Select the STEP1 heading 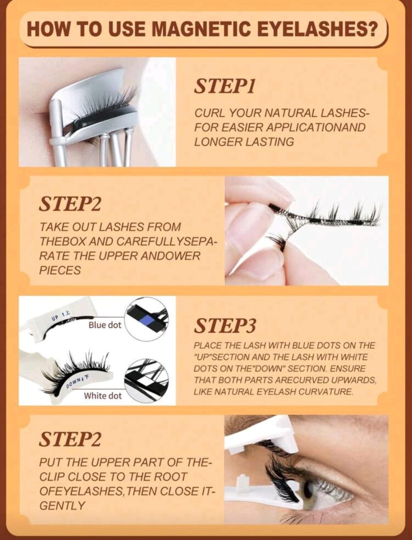(x=224, y=86)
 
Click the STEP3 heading (x=225, y=326)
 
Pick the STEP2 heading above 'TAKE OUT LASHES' (x=70, y=204)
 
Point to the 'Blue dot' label (x=105, y=325)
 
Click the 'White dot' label (x=103, y=396)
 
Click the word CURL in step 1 (x=210, y=113)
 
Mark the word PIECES (x=60, y=270)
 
